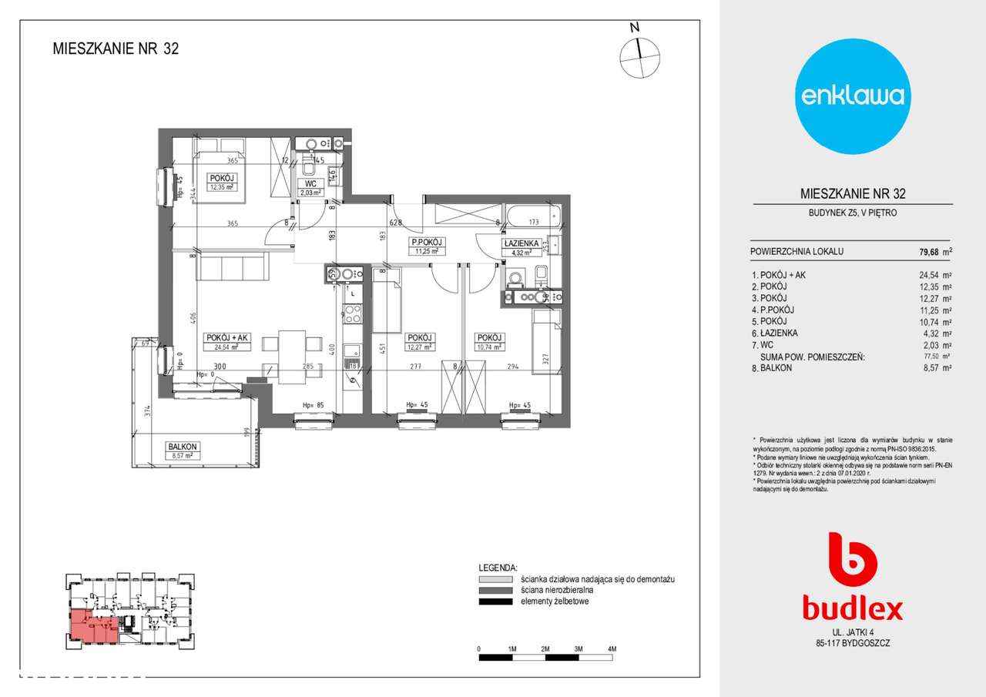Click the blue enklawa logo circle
(852, 96)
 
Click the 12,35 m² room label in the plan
(221, 186)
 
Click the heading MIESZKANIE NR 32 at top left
(116, 49)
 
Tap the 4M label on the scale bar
(612, 649)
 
